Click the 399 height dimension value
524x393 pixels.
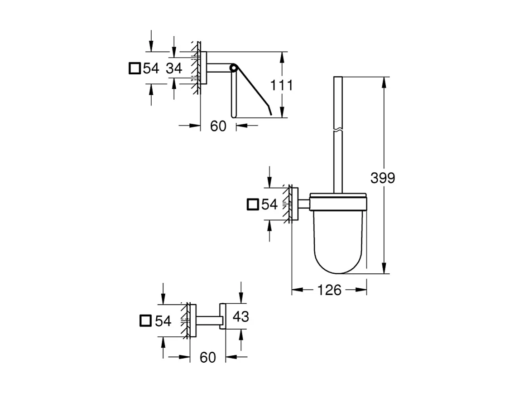(382, 178)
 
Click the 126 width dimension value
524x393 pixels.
(329, 290)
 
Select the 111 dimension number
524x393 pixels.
(281, 85)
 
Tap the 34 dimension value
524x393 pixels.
(173, 68)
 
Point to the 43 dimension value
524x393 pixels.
(240, 316)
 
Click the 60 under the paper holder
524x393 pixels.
(218, 126)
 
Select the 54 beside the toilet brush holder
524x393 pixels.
(269, 204)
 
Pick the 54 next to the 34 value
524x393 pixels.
(151, 68)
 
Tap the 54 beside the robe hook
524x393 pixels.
(163, 321)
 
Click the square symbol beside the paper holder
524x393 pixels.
(134, 68)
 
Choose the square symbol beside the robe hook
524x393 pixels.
(145, 321)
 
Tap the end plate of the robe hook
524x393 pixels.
(222, 316)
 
